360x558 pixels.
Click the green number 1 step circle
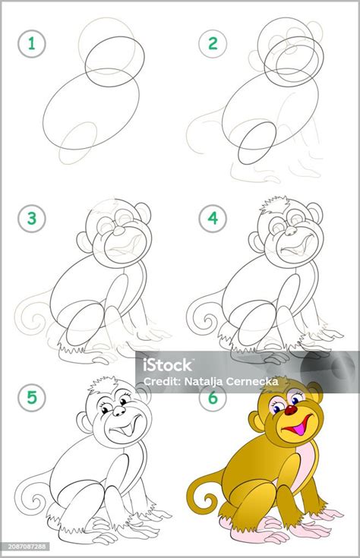click(x=32, y=44)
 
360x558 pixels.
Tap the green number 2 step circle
click(x=213, y=44)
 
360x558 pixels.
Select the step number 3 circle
click(x=32, y=218)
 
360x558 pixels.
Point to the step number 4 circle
click(x=213, y=218)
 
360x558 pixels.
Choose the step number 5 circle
click(x=32, y=398)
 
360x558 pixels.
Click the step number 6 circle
click(x=213, y=398)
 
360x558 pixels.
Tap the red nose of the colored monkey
click(x=291, y=410)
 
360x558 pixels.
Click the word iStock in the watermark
click(x=167, y=364)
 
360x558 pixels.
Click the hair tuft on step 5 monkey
click(x=103, y=383)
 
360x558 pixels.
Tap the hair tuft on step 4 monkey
click(x=274, y=204)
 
